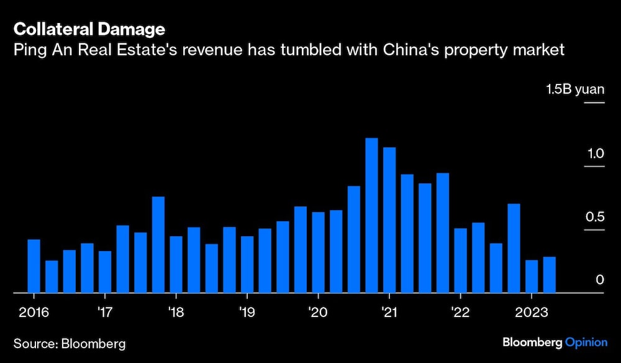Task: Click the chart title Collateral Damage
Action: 89,29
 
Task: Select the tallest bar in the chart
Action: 371,214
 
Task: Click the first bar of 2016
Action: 34,265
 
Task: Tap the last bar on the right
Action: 549,274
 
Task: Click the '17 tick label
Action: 105,311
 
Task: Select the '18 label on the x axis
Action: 176,311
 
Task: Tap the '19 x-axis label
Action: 247,311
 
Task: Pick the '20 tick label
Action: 317,311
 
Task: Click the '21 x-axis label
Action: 389,311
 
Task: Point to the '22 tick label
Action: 460,311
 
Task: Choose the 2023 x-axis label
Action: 532,311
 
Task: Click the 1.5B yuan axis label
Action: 574,90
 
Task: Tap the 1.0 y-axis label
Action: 596,154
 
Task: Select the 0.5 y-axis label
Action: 596,217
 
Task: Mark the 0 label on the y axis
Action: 600,280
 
